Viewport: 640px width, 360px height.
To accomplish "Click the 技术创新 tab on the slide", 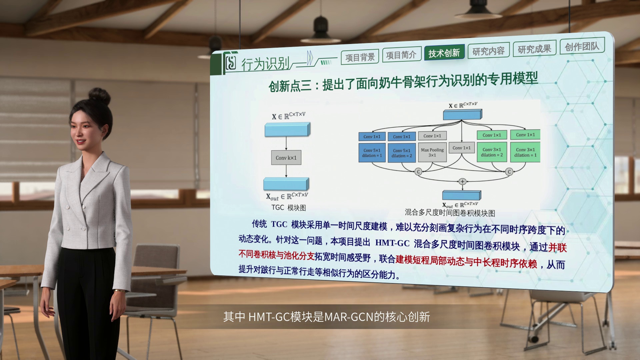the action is (x=444, y=53).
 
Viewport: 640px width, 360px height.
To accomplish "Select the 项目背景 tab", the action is (x=360, y=57).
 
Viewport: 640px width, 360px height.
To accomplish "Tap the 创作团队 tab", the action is (x=582, y=46).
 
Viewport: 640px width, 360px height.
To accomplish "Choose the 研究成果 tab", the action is (x=534, y=49).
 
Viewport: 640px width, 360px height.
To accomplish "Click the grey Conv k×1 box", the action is (x=286, y=158).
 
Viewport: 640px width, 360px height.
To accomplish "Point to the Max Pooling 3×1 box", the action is (x=432, y=152).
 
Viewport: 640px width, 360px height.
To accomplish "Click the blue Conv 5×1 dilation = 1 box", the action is (x=372, y=153).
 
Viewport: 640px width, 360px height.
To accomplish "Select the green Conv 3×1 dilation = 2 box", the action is (x=492, y=152).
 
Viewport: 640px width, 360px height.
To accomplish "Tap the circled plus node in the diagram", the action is (x=462, y=181).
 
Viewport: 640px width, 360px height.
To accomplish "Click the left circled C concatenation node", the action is (x=418, y=172).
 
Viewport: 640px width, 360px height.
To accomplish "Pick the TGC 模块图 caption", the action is (x=288, y=208).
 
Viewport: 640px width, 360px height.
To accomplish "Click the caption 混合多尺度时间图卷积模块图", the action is (x=450, y=213).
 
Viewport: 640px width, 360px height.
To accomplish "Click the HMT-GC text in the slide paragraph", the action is (x=392, y=243).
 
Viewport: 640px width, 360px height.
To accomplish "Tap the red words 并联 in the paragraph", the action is (x=557, y=247).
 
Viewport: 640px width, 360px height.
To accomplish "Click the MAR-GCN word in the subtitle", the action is (x=349, y=317).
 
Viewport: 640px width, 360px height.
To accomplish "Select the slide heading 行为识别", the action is (x=265, y=64).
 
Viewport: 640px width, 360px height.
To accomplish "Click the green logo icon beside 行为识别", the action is (x=230, y=62).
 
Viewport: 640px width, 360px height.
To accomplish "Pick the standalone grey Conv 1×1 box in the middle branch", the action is (x=462, y=148).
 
